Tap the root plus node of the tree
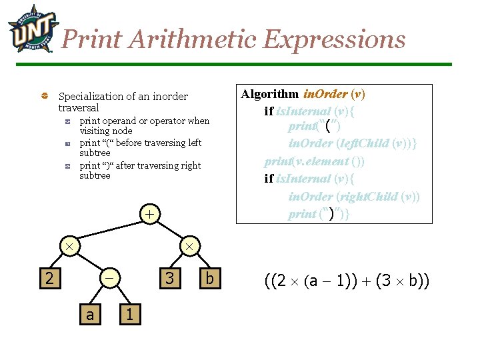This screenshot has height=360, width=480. click(151, 214)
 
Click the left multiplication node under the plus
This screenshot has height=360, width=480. click(69, 246)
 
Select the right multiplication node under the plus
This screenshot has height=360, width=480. click(189, 246)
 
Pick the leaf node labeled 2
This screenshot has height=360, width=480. click(48, 277)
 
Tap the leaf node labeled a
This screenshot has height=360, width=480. click(89, 313)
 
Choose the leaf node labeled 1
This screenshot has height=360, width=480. click(131, 313)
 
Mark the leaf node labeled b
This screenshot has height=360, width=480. click(209, 277)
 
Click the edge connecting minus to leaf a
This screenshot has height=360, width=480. click(99, 295)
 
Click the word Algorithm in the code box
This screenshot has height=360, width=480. click(269, 94)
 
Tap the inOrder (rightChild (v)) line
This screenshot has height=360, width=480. click(353, 197)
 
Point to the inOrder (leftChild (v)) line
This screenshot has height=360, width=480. click(352, 143)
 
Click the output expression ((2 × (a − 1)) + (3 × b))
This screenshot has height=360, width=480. click(347, 281)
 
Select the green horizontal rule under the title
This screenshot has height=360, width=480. click(253, 65)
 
